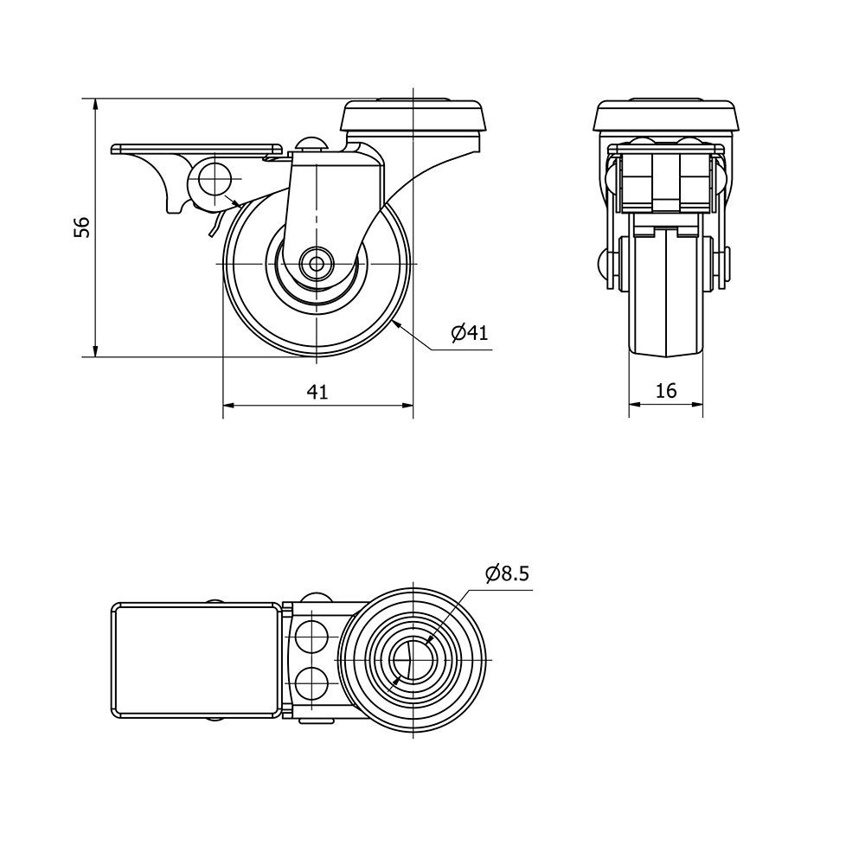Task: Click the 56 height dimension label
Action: [x=81, y=227]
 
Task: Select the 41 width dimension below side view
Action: [x=317, y=392]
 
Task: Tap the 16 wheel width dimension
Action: [x=665, y=391]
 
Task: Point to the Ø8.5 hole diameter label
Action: [x=507, y=573]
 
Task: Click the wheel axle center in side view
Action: [x=317, y=263]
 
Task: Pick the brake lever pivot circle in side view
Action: [x=212, y=180]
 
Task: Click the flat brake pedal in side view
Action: [x=196, y=148]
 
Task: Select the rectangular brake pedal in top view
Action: [x=196, y=659]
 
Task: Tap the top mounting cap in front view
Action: [x=666, y=116]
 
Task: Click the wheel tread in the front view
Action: [x=666, y=294]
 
